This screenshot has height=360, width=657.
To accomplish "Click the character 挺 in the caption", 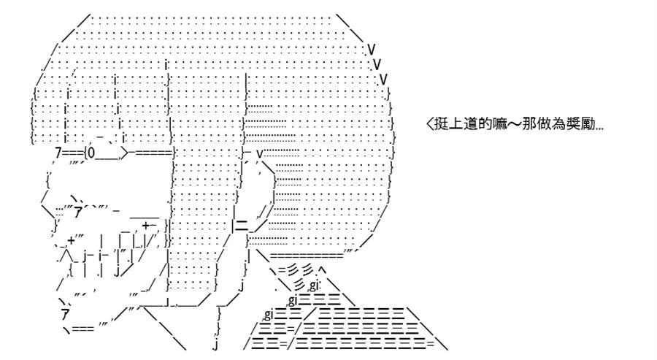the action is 441,124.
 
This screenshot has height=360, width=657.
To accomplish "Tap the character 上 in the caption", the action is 456,124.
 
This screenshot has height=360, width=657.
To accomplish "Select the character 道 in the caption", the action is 471,124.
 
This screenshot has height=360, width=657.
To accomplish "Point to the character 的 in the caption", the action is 485,124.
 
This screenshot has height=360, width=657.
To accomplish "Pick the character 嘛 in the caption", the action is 500,124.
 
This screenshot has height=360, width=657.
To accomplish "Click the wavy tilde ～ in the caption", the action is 515,124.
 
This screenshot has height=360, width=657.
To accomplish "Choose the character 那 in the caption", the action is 529,124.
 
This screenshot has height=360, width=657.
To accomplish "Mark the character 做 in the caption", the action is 544,124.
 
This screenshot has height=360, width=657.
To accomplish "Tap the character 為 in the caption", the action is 558,124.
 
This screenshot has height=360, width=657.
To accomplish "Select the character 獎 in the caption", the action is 573,124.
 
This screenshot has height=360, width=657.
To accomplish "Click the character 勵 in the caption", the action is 588,124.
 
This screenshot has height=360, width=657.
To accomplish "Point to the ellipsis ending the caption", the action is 599,129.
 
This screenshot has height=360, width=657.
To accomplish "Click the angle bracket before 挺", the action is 429,124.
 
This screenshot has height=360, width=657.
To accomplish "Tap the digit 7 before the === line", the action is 58,153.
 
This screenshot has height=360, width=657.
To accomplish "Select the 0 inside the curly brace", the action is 92,154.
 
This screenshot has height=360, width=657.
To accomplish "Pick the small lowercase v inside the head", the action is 259,153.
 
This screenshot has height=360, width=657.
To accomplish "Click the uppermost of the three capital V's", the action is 372,50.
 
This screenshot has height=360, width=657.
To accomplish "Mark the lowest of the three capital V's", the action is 383,79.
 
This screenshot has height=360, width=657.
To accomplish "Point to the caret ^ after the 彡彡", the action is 322,268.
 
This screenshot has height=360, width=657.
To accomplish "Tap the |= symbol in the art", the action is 240,226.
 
